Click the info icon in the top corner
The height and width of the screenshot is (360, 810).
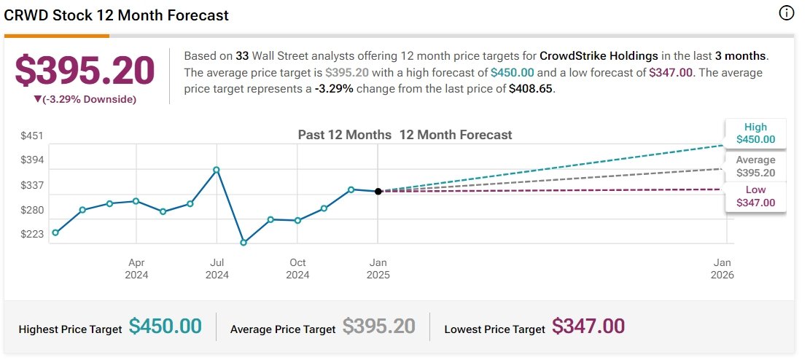786,14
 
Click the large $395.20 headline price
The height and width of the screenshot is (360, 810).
85,70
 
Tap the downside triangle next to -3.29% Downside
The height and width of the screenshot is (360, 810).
37,98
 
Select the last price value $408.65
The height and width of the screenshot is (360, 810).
531,88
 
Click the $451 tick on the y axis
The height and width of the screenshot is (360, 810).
31,136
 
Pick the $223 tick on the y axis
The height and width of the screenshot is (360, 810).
31,235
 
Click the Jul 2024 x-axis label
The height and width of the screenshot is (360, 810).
217,269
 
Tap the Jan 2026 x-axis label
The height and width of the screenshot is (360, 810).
723,269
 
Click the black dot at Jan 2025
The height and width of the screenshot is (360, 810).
378,191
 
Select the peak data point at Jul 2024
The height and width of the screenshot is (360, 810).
217,169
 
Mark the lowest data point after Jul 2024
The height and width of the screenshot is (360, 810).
244,242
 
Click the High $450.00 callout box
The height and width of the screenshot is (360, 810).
756,133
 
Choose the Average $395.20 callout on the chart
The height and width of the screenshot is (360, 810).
756,166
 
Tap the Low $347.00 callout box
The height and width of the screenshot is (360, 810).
756,196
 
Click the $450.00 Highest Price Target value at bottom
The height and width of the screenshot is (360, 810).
165,326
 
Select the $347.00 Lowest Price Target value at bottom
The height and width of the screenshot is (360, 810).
588,326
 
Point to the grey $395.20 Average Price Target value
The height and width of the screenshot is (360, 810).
379,326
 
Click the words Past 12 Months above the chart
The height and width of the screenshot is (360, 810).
345,135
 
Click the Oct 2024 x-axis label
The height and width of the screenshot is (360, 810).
297,269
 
